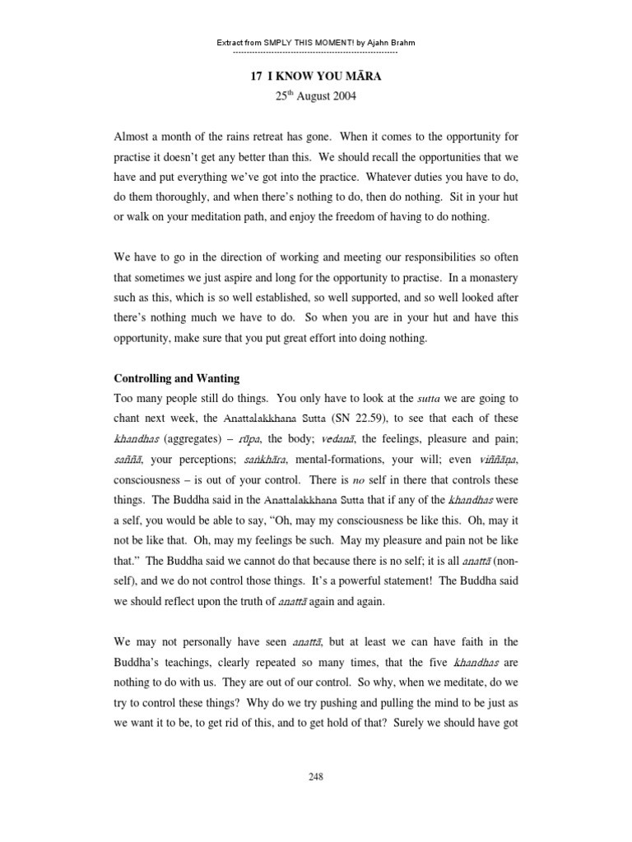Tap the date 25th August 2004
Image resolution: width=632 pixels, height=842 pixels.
(315, 96)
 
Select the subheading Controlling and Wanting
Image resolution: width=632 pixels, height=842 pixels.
(176, 378)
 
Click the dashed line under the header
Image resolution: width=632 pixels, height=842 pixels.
(315, 52)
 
